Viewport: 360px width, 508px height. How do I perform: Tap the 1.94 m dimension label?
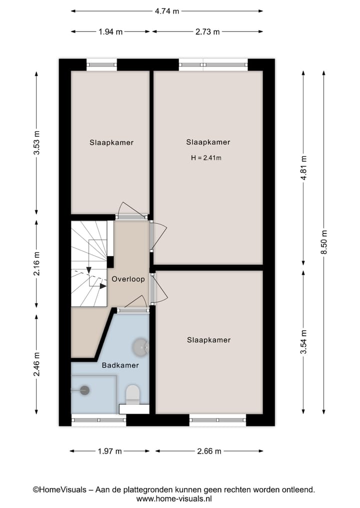coord(110,32)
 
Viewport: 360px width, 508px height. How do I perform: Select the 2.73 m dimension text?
coord(207,32)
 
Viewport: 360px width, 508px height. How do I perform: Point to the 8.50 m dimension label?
coord(323,242)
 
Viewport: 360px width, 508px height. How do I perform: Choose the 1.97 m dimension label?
coord(110,451)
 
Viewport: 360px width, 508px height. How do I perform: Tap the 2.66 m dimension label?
coord(209,451)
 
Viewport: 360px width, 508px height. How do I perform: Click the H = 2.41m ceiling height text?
coord(206,158)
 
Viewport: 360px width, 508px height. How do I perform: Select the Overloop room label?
coord(128,279)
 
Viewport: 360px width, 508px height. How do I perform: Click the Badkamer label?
coord(120,365)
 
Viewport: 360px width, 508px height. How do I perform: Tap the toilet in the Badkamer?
coord(133,395)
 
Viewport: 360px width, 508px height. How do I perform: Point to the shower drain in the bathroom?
coord(84,390)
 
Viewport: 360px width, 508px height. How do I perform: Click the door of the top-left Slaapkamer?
coord(131,216)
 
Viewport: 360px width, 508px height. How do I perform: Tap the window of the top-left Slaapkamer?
coord(102,64)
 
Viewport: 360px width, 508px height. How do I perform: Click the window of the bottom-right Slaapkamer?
coord(217,420)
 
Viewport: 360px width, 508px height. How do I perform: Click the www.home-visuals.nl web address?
coord(174,499)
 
